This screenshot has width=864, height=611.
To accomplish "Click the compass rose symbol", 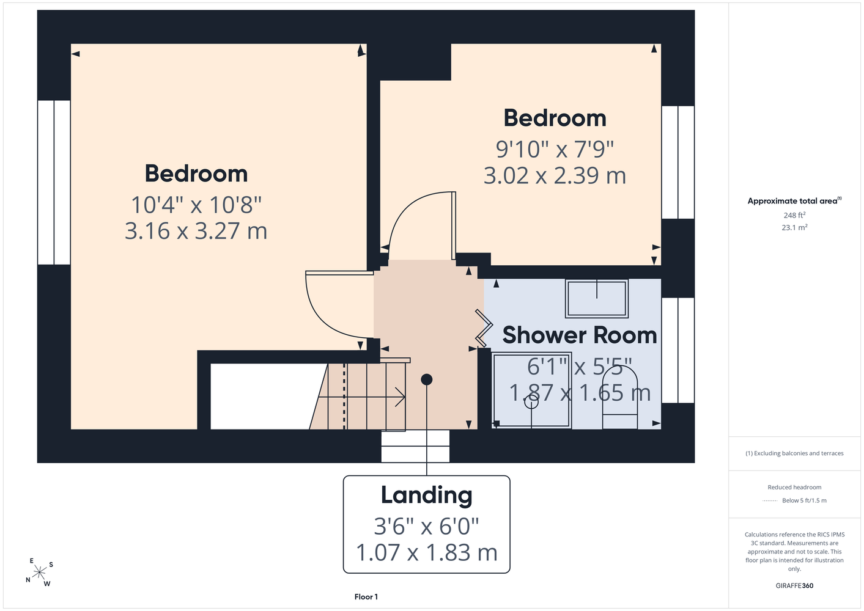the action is [39, 573].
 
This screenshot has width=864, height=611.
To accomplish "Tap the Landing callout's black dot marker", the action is [427, 379].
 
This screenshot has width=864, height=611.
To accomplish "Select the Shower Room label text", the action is [579, 335].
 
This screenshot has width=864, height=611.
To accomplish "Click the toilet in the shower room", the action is [620, 397].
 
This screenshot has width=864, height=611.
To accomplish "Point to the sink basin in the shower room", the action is [597, 299].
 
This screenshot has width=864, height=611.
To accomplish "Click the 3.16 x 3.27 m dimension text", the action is [196, 231].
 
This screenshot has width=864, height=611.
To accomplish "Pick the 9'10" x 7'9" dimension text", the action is [555, 149].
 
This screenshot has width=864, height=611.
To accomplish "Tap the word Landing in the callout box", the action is [427, 496].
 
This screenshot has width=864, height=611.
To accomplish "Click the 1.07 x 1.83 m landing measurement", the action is [427, 552].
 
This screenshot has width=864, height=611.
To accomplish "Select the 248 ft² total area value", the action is [794, 215].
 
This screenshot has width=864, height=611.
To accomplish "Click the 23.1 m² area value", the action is [794, 227].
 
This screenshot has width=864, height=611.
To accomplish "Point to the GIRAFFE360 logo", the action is [794, 585].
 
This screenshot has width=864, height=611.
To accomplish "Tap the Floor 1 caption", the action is [366, 597].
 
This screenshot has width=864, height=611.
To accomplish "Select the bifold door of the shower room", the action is [484, 327].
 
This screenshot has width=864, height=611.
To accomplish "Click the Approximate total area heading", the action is [794, 200].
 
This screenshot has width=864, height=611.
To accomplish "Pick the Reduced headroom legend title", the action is [794, 487].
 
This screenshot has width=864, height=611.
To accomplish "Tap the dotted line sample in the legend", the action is [770, 501].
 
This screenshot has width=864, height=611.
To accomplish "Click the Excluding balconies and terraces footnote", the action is [794, 453].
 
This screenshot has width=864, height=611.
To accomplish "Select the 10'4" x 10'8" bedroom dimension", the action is [196, 205].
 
